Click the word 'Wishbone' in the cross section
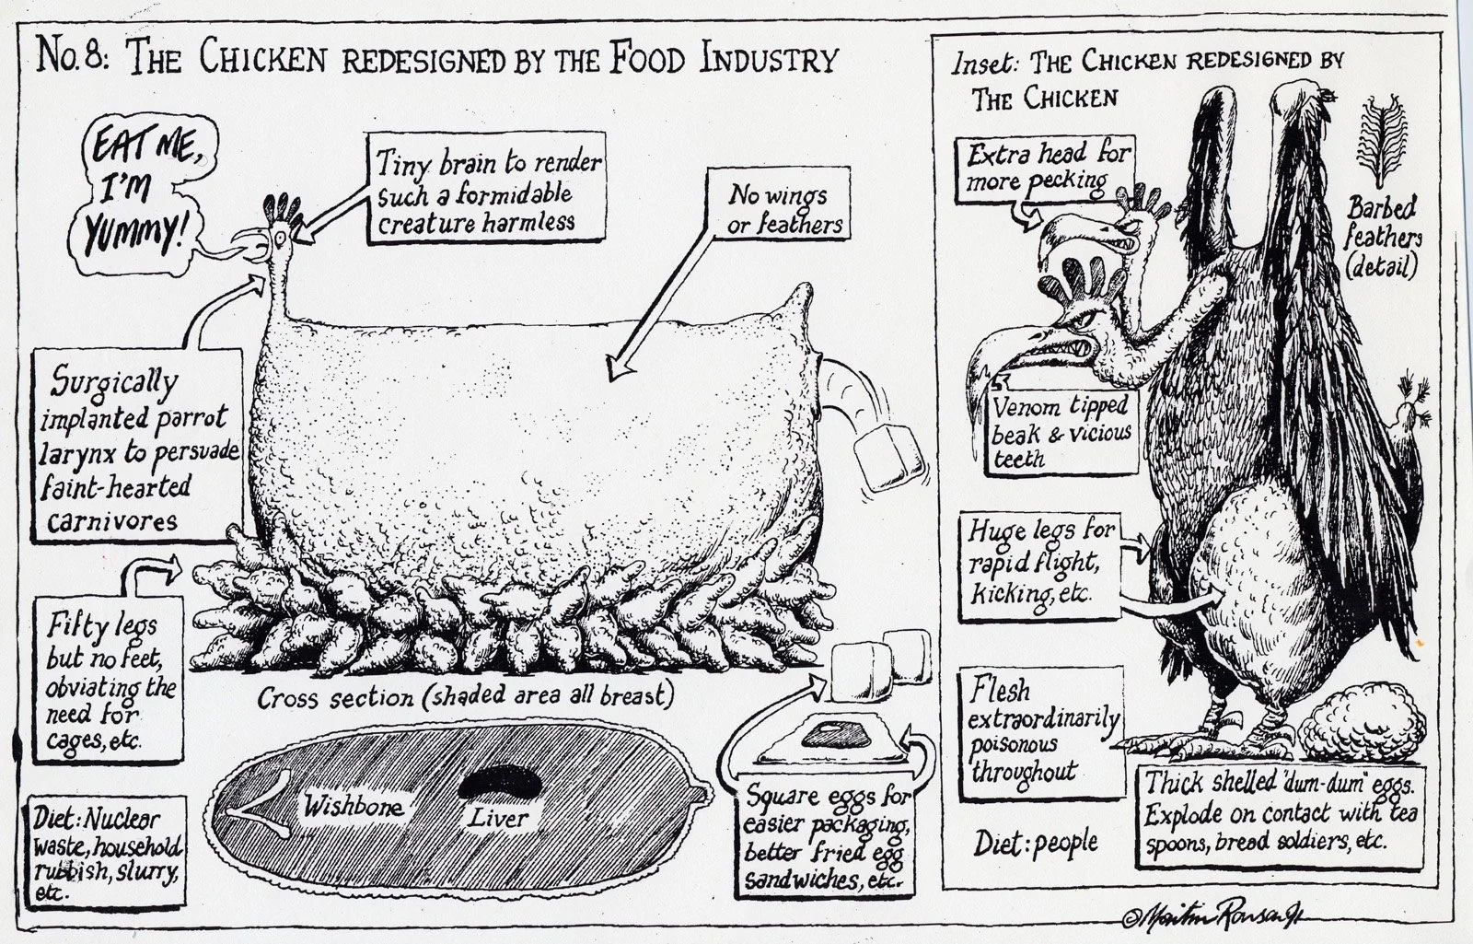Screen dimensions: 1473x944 [354, 808]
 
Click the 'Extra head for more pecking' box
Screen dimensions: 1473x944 [1048, 168]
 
